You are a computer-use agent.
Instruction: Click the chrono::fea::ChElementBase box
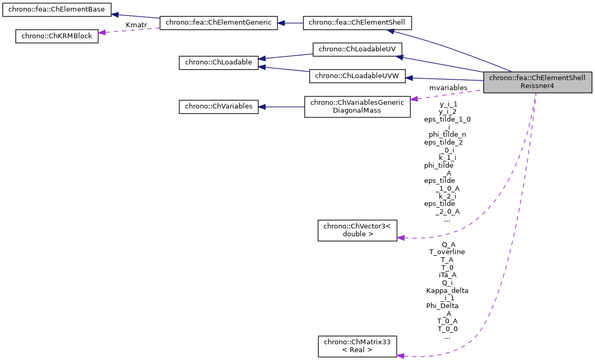(x=57, y=9)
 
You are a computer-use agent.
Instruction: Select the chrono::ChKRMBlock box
(x=57, y=36)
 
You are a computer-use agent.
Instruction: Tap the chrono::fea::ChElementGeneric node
(x=218, y=23)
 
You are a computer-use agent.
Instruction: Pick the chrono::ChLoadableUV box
(x=357, y=49)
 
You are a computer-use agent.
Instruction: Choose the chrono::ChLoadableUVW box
(x=357, y=76)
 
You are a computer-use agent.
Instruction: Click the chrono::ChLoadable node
(x=218, y=62)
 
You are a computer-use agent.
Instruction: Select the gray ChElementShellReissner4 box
(x=537, y=82)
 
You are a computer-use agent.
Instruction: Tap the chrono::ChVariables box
(x=218, y=106)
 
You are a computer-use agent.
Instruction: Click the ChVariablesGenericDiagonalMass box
(x=357, y=106)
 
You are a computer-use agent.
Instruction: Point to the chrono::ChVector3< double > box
(x=357, y=230)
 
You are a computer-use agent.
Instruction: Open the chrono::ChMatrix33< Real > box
(x=357, y=346)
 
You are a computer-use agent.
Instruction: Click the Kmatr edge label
(x=136, y=25)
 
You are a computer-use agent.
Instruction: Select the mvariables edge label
(x=448, y=88)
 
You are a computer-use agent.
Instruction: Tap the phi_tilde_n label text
(x=447, y=134)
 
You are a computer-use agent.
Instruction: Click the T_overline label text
(x=447, y=252)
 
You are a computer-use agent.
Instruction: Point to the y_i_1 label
(x=448, y=104)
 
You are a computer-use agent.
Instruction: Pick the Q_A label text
(x=448, y=244)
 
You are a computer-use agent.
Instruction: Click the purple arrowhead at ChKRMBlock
(x=102, y=32)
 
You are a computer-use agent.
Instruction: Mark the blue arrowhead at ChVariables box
(x=262, y=106)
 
